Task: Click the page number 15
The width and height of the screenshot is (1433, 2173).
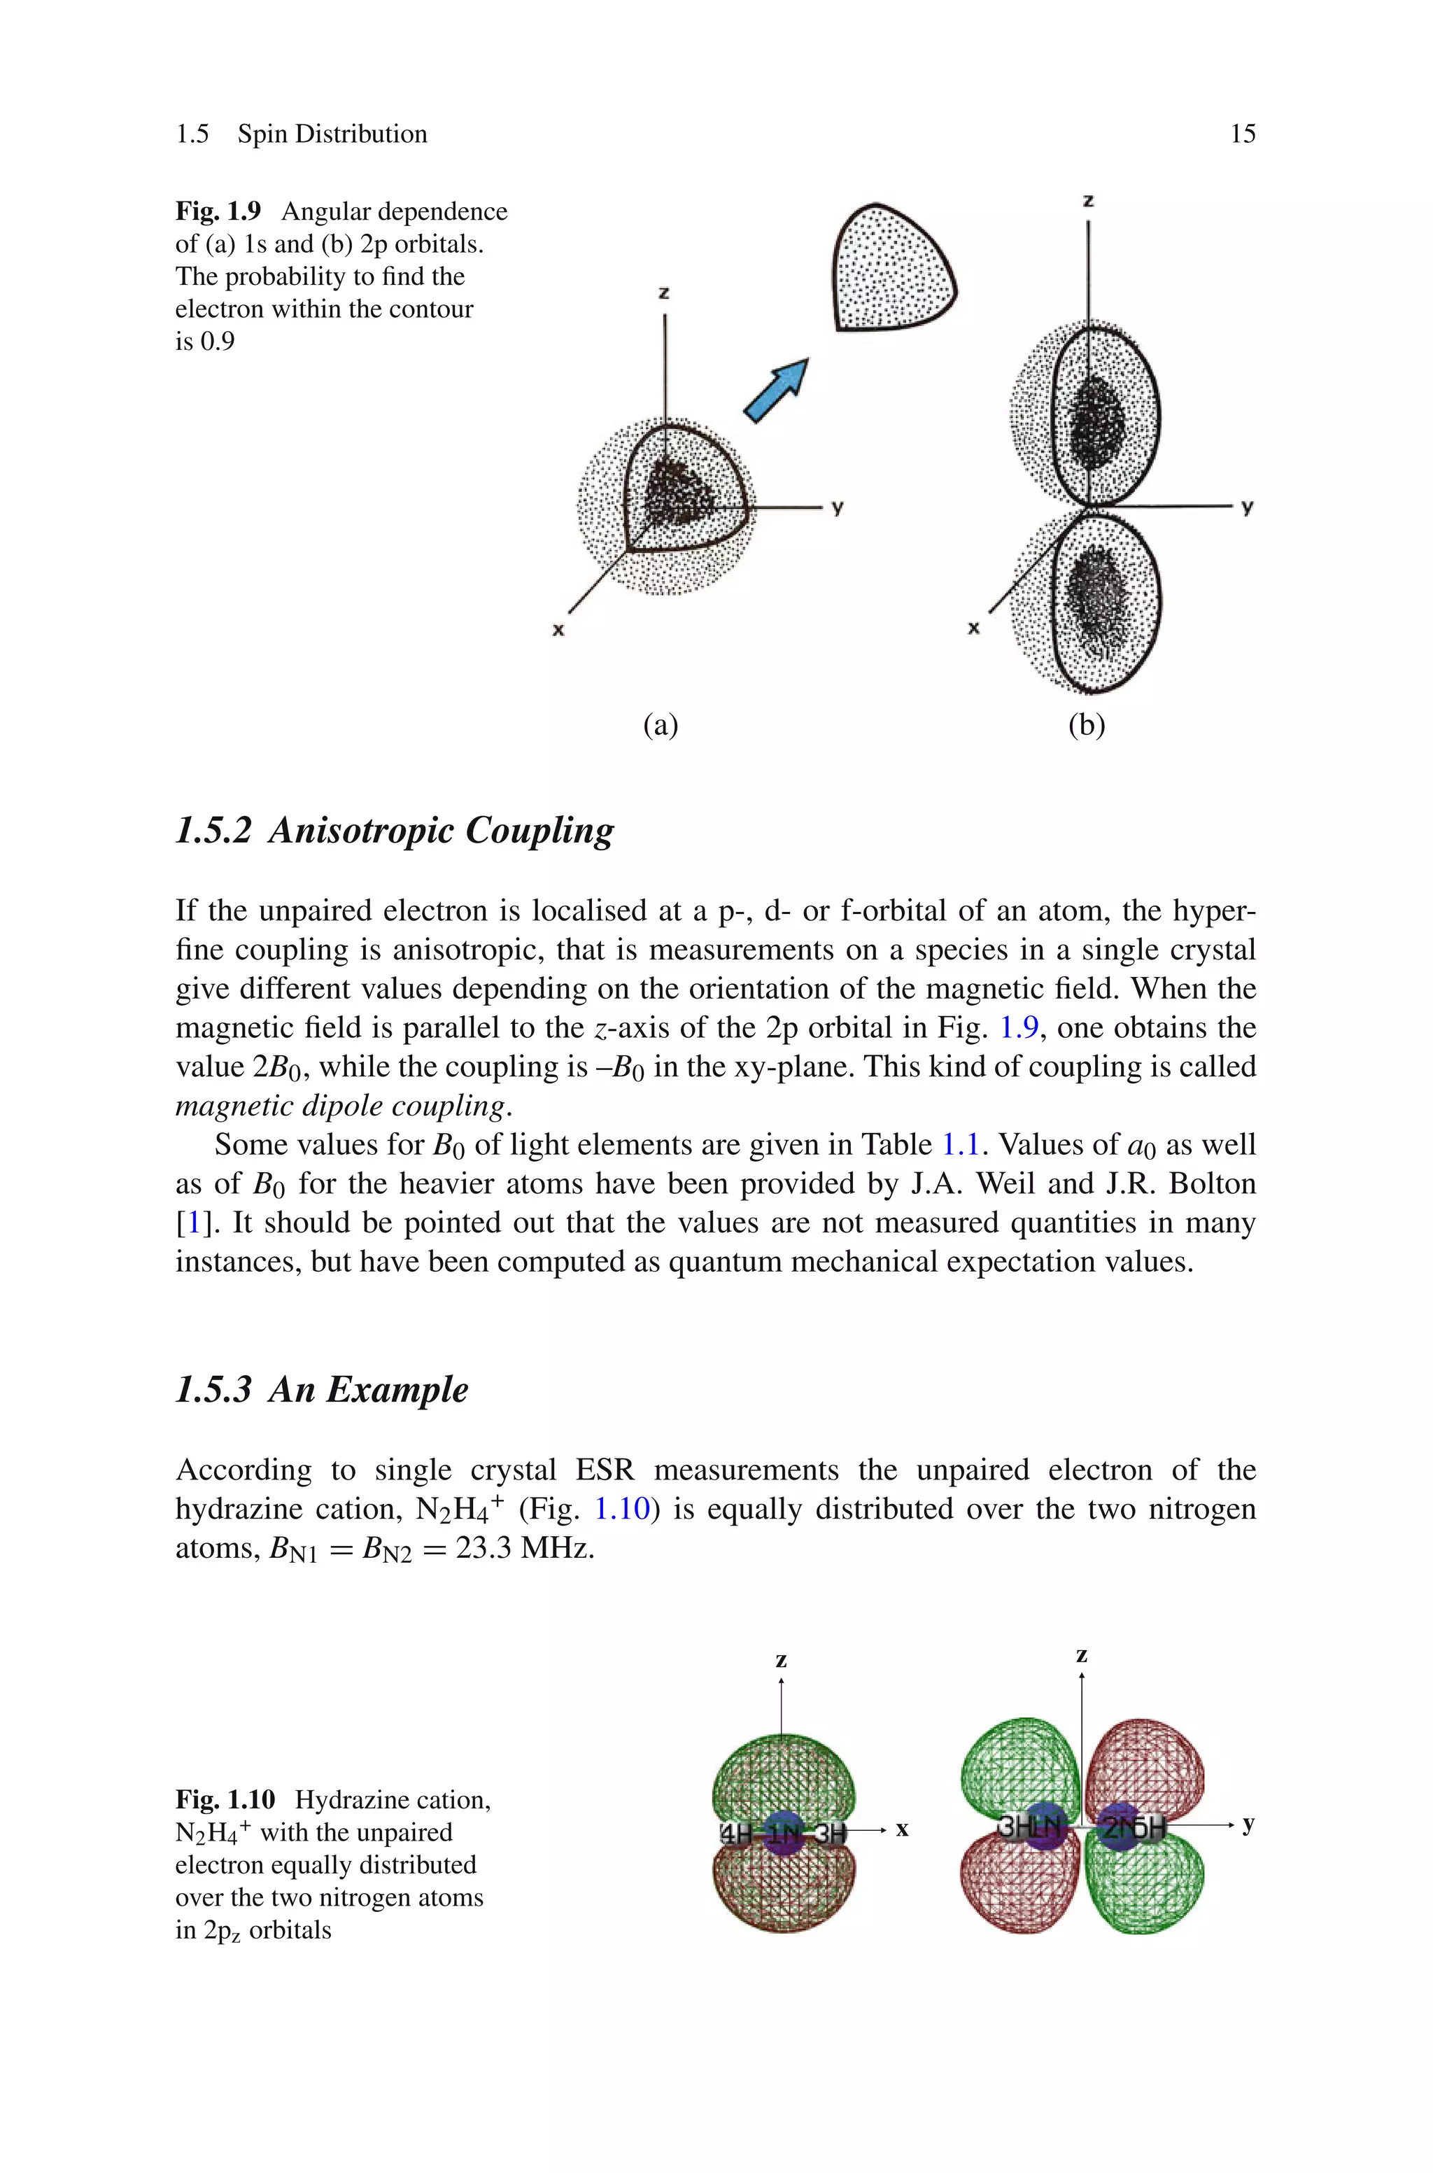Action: tap(1242, 134)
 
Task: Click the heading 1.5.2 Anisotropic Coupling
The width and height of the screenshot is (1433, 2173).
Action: tap(395, 830)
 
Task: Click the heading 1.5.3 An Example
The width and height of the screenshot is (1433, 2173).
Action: tap(322, 1389)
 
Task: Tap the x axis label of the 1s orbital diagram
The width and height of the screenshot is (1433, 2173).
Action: tap(558, 630)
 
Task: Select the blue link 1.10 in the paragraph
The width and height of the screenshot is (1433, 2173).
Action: tap(621, 1509)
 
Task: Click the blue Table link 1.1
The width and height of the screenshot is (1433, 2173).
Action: tap(959, 1145)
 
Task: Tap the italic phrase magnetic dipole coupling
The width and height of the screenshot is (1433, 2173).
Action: tap(340, 1106)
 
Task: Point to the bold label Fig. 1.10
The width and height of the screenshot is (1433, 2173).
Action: tap(225, 1799)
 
